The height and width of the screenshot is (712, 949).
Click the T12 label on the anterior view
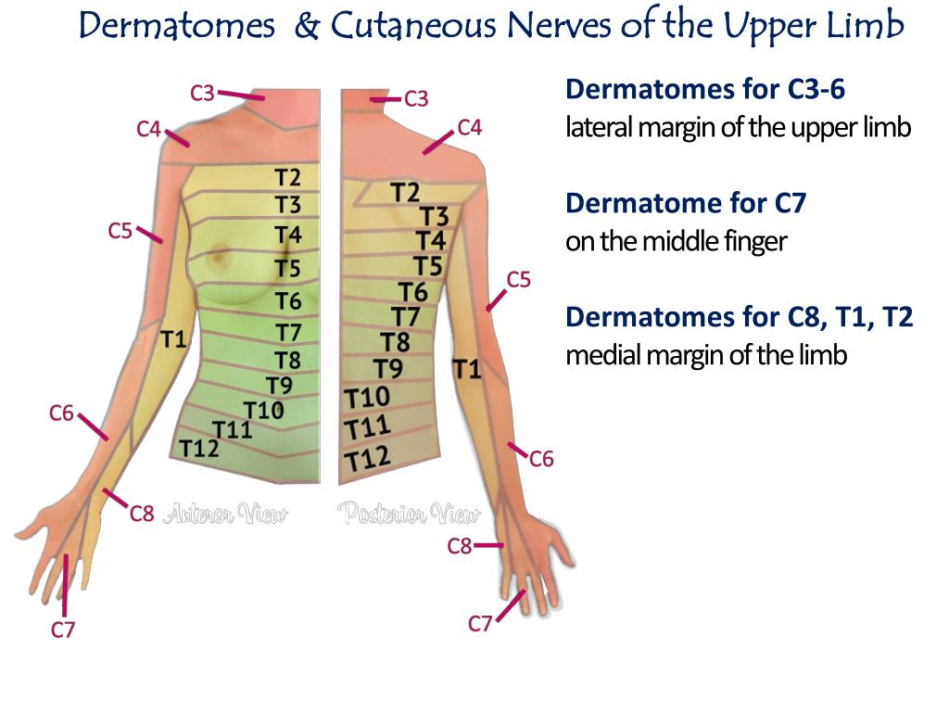point(199,449)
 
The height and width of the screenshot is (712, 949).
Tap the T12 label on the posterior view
point(367,458)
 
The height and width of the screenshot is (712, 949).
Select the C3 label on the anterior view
point(203,93)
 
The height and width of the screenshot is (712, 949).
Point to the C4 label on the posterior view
point(470,128)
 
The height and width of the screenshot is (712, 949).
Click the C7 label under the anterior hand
point(62,630)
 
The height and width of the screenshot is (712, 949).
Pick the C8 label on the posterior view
point(460,546)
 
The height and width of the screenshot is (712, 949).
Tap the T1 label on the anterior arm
point(174,340)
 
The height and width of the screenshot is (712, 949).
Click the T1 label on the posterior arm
point(467,370)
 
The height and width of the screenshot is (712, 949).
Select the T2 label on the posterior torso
point(405,193)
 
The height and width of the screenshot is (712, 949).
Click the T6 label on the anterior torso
point(288,301)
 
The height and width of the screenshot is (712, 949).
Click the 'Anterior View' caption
point(225,514)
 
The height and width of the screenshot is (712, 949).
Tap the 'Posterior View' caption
point(409,514)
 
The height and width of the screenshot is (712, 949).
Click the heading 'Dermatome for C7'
point(685,203)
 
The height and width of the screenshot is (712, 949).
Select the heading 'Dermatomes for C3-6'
point(705,89)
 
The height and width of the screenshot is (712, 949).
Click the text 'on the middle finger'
point(676,242)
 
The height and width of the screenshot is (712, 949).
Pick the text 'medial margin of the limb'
point(706,355)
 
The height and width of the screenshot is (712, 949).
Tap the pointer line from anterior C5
point(149,233)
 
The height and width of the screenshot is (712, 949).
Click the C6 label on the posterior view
point(541,458)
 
